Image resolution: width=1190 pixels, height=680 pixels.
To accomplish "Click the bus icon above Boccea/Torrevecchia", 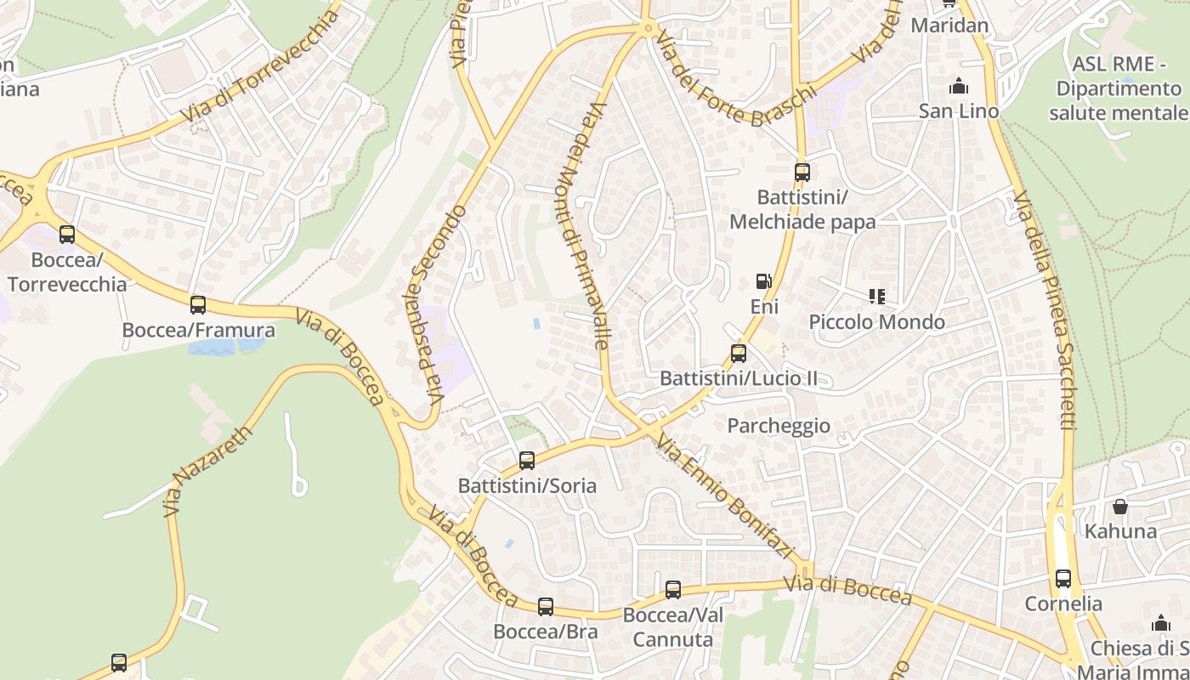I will [66, 235].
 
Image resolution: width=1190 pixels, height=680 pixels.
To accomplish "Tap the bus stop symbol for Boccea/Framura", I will [198, 305].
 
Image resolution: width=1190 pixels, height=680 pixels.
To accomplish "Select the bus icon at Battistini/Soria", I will [527, 461].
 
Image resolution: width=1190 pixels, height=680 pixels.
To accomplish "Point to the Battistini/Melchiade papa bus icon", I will [802, 173].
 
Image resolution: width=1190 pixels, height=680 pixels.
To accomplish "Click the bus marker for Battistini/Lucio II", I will [739, 354].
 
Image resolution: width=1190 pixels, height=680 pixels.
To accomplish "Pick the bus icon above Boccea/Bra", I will [546, 607].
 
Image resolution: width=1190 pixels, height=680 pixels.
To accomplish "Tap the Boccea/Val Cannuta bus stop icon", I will [673, 589].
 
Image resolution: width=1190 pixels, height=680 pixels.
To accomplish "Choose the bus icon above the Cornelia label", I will [1063, 579].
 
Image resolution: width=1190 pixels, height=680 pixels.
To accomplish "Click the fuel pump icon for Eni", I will [764, 281].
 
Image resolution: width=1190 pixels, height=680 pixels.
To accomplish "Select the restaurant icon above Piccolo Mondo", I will [877, 297].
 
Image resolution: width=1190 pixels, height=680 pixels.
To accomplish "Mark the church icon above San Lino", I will [959, 86].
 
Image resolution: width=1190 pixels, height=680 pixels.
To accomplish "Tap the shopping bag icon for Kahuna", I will [1120, 507].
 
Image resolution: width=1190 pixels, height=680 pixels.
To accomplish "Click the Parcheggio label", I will [779, 426].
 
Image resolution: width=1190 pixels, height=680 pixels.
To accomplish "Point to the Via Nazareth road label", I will [208, 471].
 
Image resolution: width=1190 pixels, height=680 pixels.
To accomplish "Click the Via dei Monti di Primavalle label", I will [584, 225].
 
